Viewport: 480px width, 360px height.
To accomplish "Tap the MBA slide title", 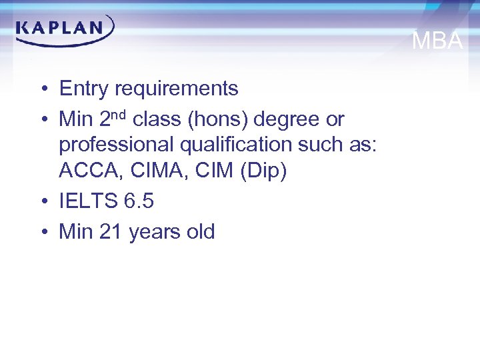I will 437,41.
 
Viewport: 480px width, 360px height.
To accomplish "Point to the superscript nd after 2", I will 120,114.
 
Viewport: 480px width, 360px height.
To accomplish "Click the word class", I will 156,119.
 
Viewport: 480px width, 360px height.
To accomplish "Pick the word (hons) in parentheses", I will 212,119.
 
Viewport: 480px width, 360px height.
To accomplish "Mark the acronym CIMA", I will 145,171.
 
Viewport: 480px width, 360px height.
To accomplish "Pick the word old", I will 201,232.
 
